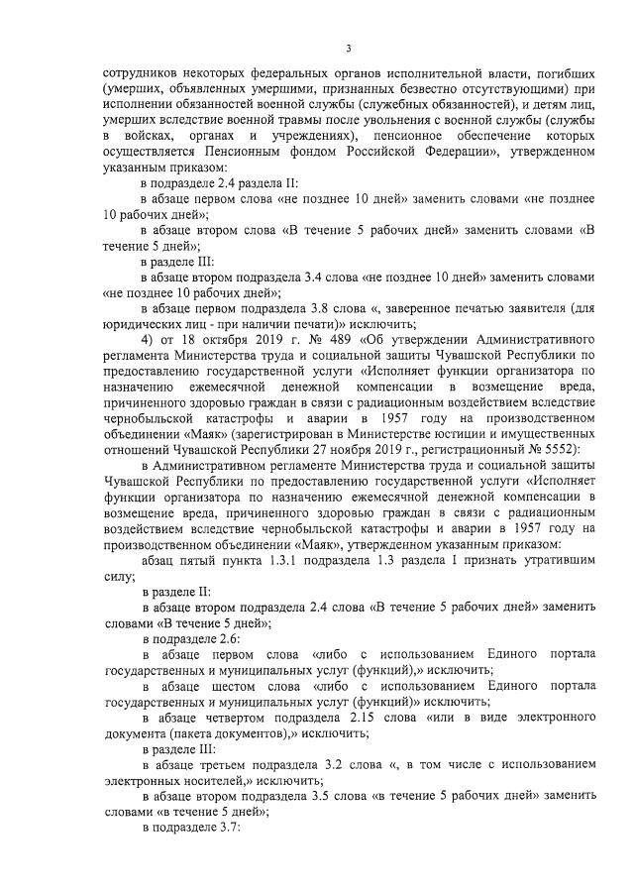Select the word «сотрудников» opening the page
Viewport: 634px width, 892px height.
138,74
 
